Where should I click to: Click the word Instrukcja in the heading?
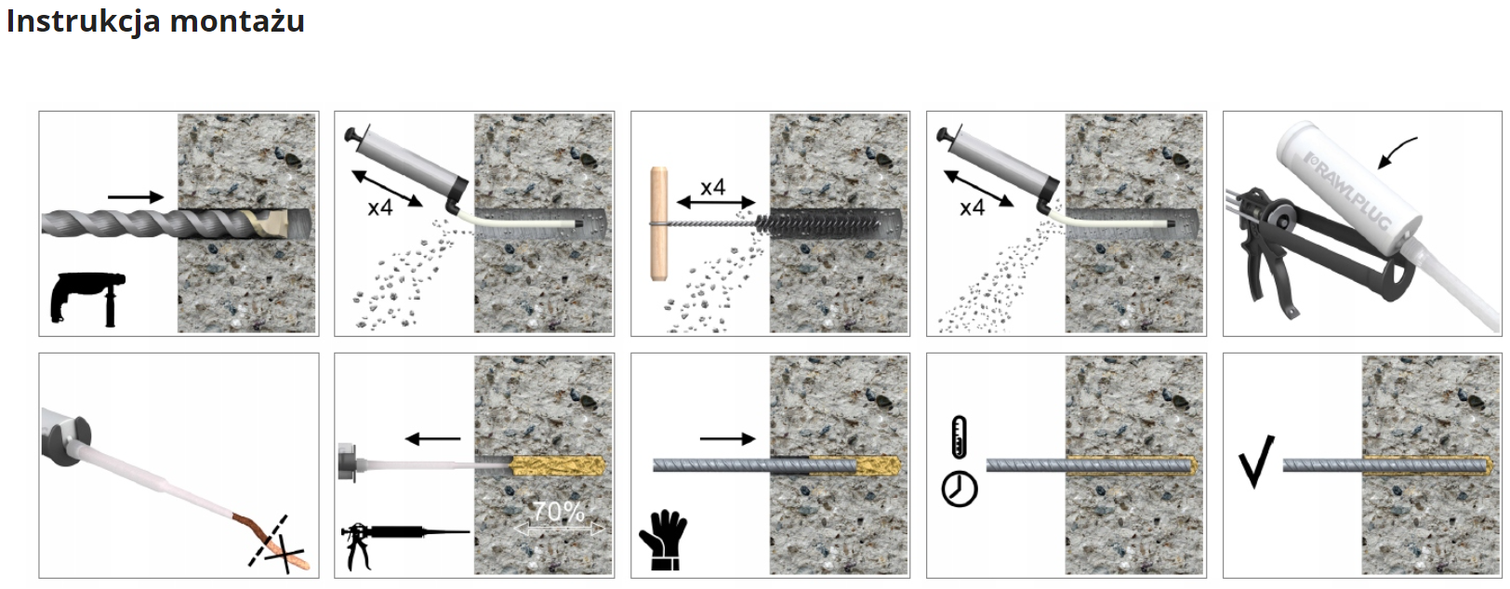(x=84, y=21)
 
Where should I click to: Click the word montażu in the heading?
(x=237, y=21)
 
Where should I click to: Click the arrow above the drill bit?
(x=136, y=197)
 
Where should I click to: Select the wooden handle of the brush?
(x=659, y=224)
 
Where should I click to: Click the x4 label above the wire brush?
(x=712, y=187)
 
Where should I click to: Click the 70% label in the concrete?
(x=558, y=512)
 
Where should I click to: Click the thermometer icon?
(x=959, y=437)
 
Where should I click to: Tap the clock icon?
(x=960, y=489)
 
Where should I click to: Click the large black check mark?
(x=1256, y=462)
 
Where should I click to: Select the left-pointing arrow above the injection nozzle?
(x=432, y=439)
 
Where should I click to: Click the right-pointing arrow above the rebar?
(x=727, y=439)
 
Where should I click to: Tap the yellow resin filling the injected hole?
(x=558, y=465)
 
